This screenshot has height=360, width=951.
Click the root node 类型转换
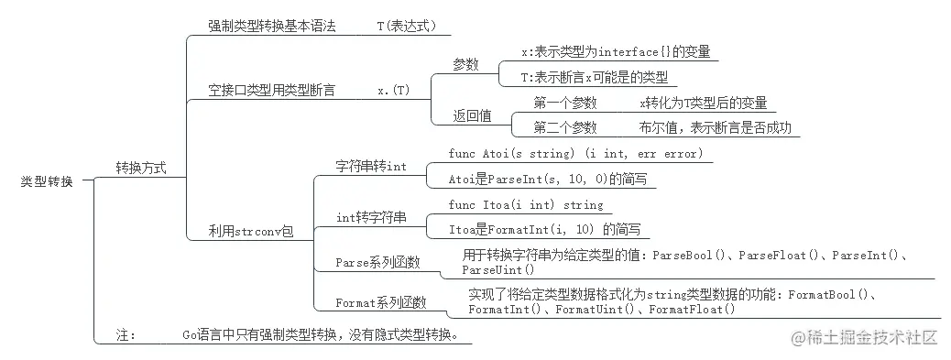(x=47, y=180)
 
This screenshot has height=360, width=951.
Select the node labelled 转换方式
(x=140, y=169)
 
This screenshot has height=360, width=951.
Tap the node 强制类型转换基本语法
(x=272, y=27)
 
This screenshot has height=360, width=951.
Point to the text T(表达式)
(x=406, y=27)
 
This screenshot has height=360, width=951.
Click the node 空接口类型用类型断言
(x=271, y=90)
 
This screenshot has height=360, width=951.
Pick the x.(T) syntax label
(x=393, y=90)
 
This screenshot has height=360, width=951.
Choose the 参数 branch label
(x=465, y=64)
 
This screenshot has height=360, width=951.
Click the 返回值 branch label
(x=472, y=115)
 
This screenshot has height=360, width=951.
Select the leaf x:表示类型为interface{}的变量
(x=615, y=51)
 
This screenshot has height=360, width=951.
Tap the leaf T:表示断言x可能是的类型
(x=593, y=77)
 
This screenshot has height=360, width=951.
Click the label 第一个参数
(x=564, y=103)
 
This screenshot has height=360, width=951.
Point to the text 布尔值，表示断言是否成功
(x=715, y=127)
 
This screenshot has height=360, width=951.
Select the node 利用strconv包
(x=251, y=233)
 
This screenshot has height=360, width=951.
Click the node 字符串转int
(x=371, y=166)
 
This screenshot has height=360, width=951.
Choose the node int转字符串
(x=371, y=217)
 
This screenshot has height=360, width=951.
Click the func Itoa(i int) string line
(x=526, y=204)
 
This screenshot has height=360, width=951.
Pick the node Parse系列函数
(x=377, y=263)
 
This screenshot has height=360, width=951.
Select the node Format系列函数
(x=381, y=302)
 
